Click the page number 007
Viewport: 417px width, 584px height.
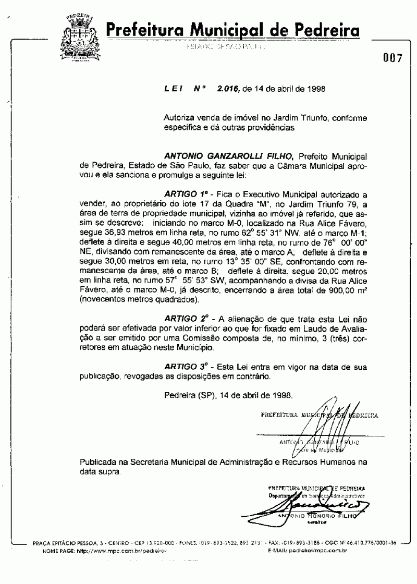[392, 58]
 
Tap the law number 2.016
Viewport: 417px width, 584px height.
[228, 89]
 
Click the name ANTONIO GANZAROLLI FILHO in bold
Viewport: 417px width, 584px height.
[230, 155]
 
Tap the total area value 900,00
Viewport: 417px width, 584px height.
[328, 292]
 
